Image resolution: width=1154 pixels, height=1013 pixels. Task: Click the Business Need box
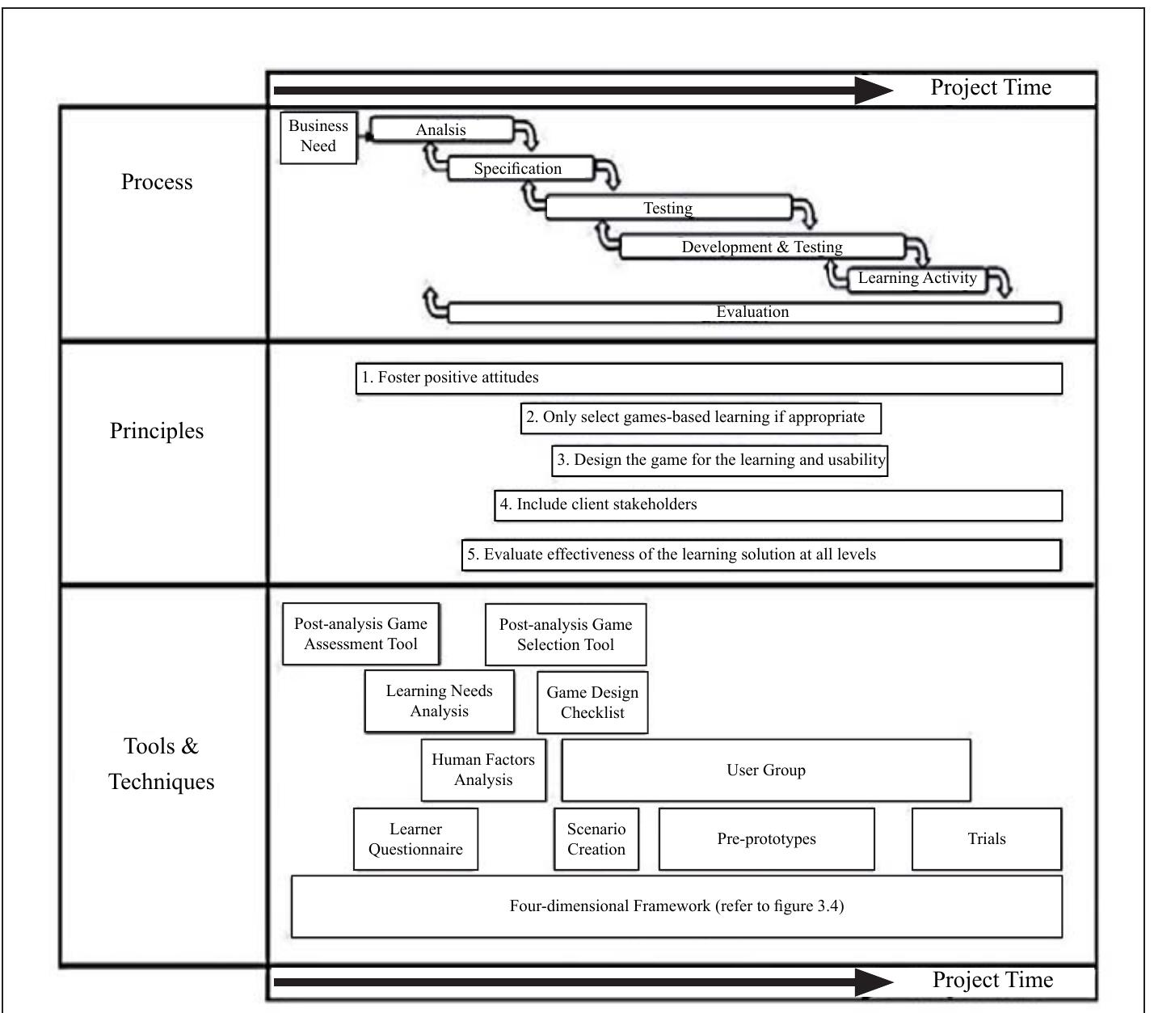pyautogui.click(x=318, y=137)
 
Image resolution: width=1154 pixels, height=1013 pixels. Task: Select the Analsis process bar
pyautogui.click(x=441, y=129)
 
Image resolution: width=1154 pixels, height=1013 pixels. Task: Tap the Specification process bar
pyautogui.click(x=518, y=168)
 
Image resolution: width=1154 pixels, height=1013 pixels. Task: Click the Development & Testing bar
pyautogui.click(x=761, y=247)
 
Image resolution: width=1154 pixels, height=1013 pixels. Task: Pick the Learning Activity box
pyautogui.click(x=917, y=278)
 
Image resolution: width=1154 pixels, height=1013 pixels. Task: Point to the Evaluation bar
pyautogui.click(x=752, y=312)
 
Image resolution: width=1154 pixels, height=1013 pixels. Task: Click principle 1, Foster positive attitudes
pyautogui.click(x=709, y=378)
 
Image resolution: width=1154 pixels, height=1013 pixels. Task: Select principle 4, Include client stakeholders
pyautogui.click(x=777, y=504)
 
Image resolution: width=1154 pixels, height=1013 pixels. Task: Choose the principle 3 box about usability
pyautogui.click(x=720, y=460)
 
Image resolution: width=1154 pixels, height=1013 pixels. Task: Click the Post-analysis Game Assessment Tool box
pyautogui.click(x=360, y=634)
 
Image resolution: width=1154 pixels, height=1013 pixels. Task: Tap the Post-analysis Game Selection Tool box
pyautogui.click(x=566, y=635)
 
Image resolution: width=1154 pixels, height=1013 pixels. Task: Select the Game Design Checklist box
pyautogui.click(x=592, y=702)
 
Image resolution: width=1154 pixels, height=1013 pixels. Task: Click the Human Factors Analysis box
pyautogui.click(x=483, y=770)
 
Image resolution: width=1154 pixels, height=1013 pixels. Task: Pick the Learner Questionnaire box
pyautogui.click(x=415, y=839)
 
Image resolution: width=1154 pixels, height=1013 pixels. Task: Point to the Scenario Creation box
pyautogui.click(x=596, y=839)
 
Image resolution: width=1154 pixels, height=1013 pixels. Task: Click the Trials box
pyautogui.click(x=986, y=839)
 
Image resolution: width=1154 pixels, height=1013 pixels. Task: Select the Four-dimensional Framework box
pyautogui.click(x=676, y=905)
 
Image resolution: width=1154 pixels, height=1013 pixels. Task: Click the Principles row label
pyautogui.click(x=157, y=431)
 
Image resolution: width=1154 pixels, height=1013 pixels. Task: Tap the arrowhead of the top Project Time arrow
pyautogui.click(x=874, y=91)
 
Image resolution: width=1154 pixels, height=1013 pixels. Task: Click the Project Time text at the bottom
pyautogui.click(x=992, y=980)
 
